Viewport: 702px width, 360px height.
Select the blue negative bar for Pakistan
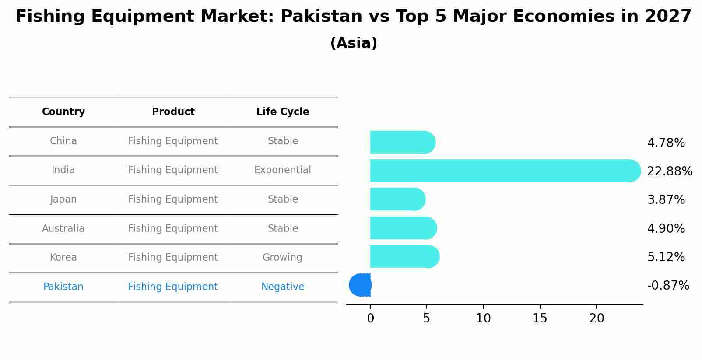click(x=361, y=285)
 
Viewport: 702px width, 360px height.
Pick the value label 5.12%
click(x=666, y=257)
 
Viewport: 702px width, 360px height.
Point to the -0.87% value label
click(x=668, y=285)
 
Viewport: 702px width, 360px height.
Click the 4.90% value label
click(x=666, y=228)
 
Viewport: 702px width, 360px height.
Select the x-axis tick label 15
click(x=540, y=318)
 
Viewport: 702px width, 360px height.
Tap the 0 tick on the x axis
click(x=370, y=318)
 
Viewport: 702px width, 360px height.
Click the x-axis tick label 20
click(x=597, y=318)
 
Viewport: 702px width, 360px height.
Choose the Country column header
click(x=63, y=112)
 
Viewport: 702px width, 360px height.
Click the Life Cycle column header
click(x=283, y=112)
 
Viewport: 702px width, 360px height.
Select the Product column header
click(x=173, y=112)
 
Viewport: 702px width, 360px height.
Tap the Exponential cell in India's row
click(x=283, y=170)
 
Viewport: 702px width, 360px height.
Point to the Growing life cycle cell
click(x=282, y=257)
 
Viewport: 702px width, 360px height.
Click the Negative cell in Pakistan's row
click(x=283, y=287)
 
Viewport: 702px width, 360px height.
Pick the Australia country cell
click(x=63, y=228)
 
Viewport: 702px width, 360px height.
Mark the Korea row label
click(x=63, y=257)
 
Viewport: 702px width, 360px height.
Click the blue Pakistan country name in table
click(x=63, y=287)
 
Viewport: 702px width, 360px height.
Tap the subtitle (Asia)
click(x=354, y=43)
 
